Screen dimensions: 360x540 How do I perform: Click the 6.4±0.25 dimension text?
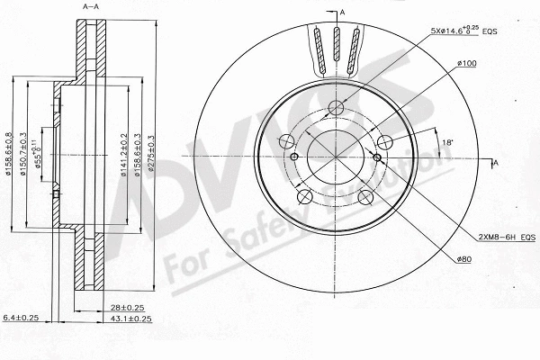[x=21, y=319]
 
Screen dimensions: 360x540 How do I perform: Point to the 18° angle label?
[x=448, y=141]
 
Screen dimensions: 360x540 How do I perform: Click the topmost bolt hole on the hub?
[x=336, y=109]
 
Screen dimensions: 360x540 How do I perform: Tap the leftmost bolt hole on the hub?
[x=288, y=141]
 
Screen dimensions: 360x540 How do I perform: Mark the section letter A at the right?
[x=494, y=163]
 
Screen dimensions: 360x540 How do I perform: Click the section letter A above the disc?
[x=342, y=11]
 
